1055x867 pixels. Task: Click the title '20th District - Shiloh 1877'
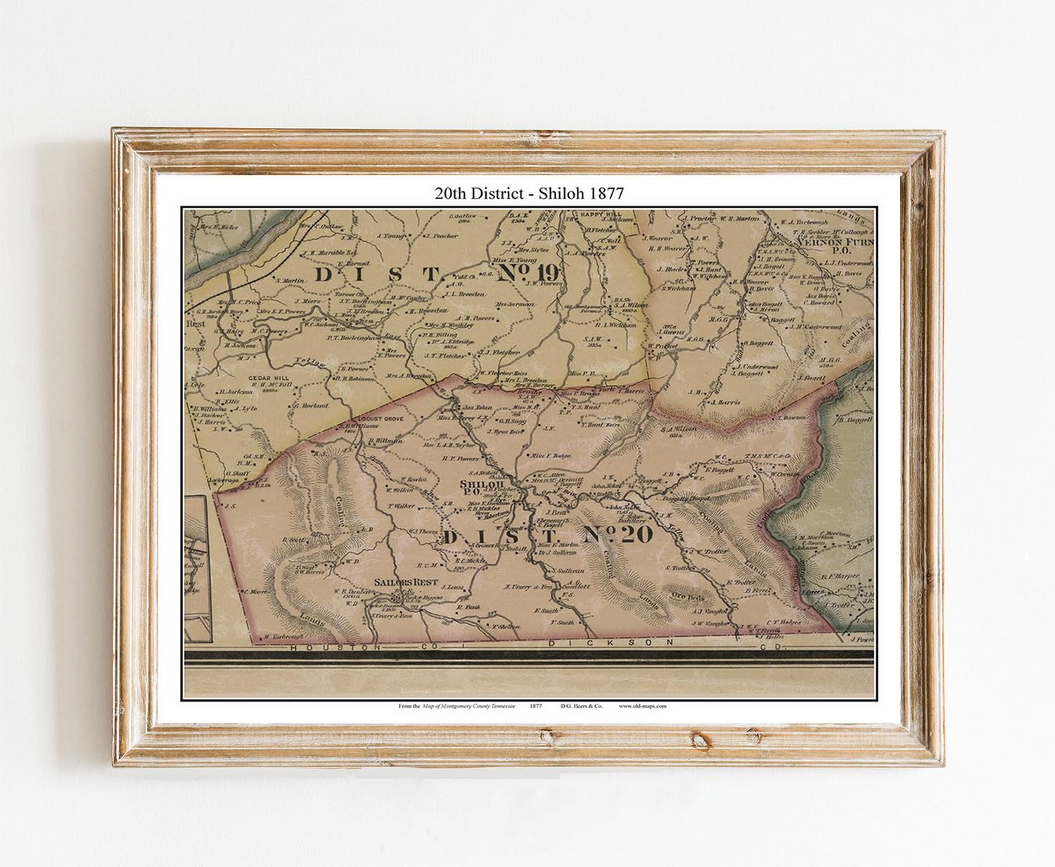tap(528, 193)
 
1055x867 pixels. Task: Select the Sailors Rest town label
tap(407, 583)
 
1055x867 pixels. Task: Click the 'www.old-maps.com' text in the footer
tap(642, 705)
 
